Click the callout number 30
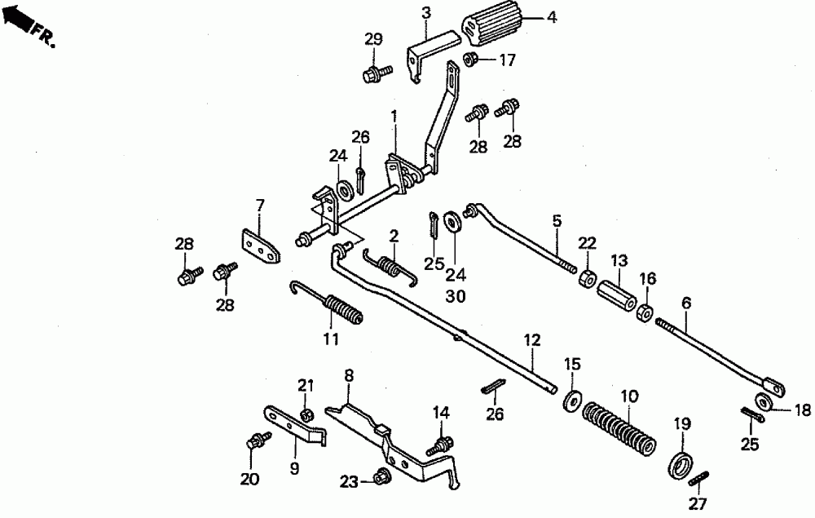click(456, 298)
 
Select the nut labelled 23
click(379, 477)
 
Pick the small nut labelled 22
click(584, 278)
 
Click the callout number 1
click(394, 116)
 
